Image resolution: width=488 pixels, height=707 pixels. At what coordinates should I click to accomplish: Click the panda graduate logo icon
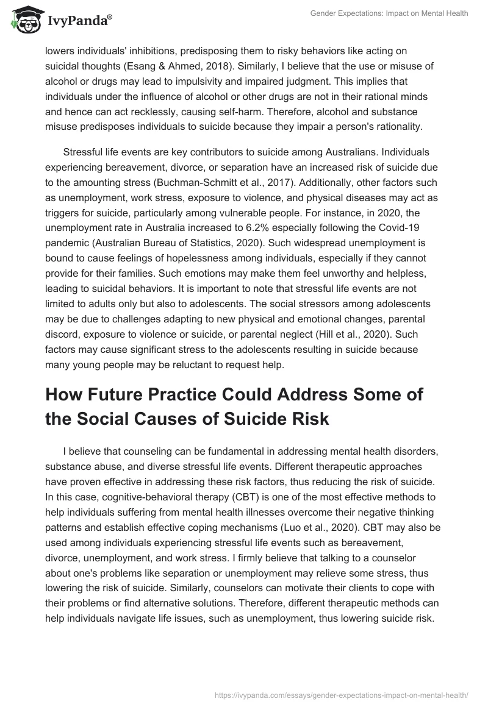click(23, 20)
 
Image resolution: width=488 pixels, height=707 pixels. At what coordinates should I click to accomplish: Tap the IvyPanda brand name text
click(78, 21)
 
